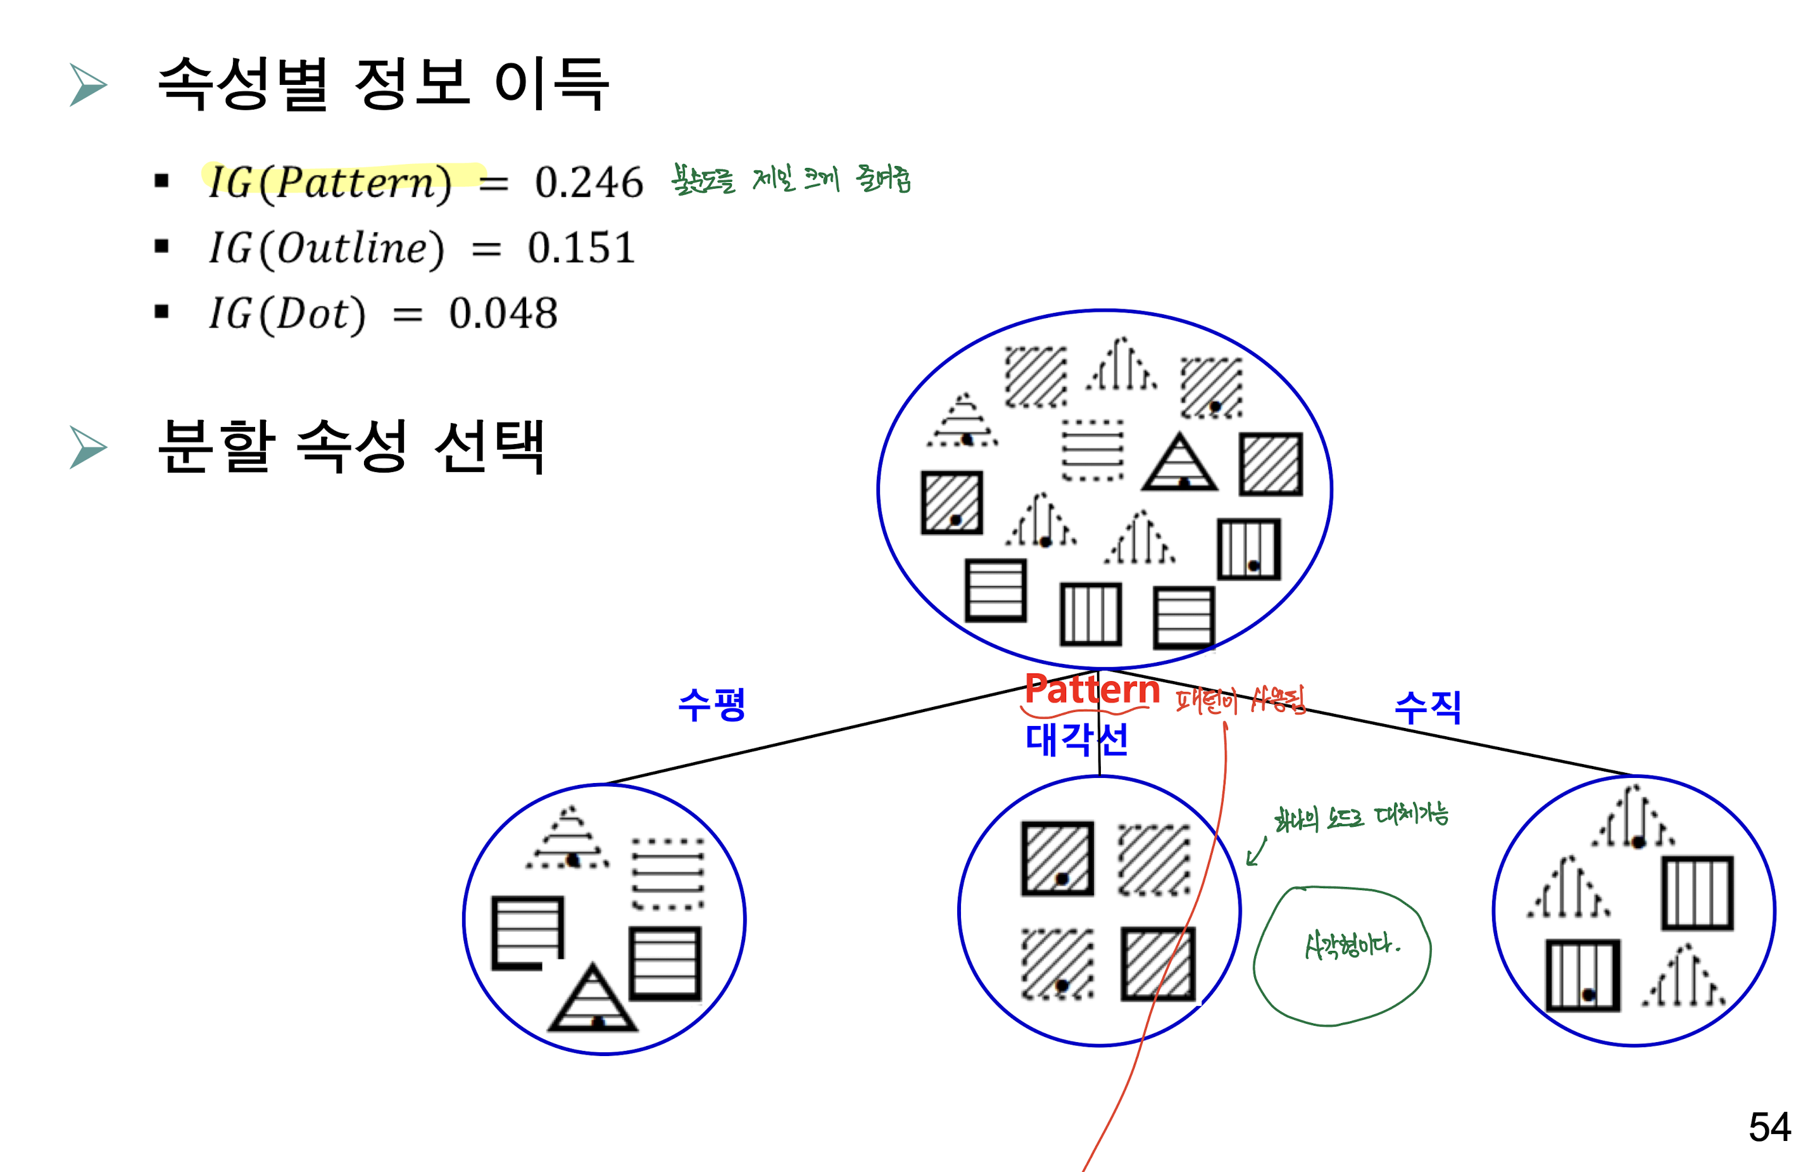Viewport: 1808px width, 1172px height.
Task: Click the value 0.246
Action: coord(589,182)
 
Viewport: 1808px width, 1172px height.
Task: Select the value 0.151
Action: coord(581,248)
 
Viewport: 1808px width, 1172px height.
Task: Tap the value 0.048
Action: coord(503,313)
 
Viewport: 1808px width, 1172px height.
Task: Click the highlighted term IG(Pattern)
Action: coord(330,182)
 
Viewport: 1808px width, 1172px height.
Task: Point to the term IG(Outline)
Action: coord(327,248)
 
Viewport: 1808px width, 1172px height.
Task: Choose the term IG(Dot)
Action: coord(287,313)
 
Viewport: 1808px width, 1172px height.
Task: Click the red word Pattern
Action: coord(1091,689)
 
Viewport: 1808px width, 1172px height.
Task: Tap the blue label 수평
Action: coord(711,704)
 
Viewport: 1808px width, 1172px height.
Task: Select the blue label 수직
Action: coord(1428,708)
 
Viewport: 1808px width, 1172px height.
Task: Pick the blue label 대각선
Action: coord(1076,739)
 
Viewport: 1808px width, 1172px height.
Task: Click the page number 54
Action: coord(1769,1126)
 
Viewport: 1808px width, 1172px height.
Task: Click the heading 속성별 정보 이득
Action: coord(383,84)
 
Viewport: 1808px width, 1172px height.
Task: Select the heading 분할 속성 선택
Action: coord(350,446)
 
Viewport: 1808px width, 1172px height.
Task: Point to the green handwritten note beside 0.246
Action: coord(791,179)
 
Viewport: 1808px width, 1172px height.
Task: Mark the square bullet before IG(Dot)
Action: coord(161,312)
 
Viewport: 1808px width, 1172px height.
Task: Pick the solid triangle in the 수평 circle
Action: coord(593,1000)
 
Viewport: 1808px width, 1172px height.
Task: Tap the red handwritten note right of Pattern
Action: coord(1240,699)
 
